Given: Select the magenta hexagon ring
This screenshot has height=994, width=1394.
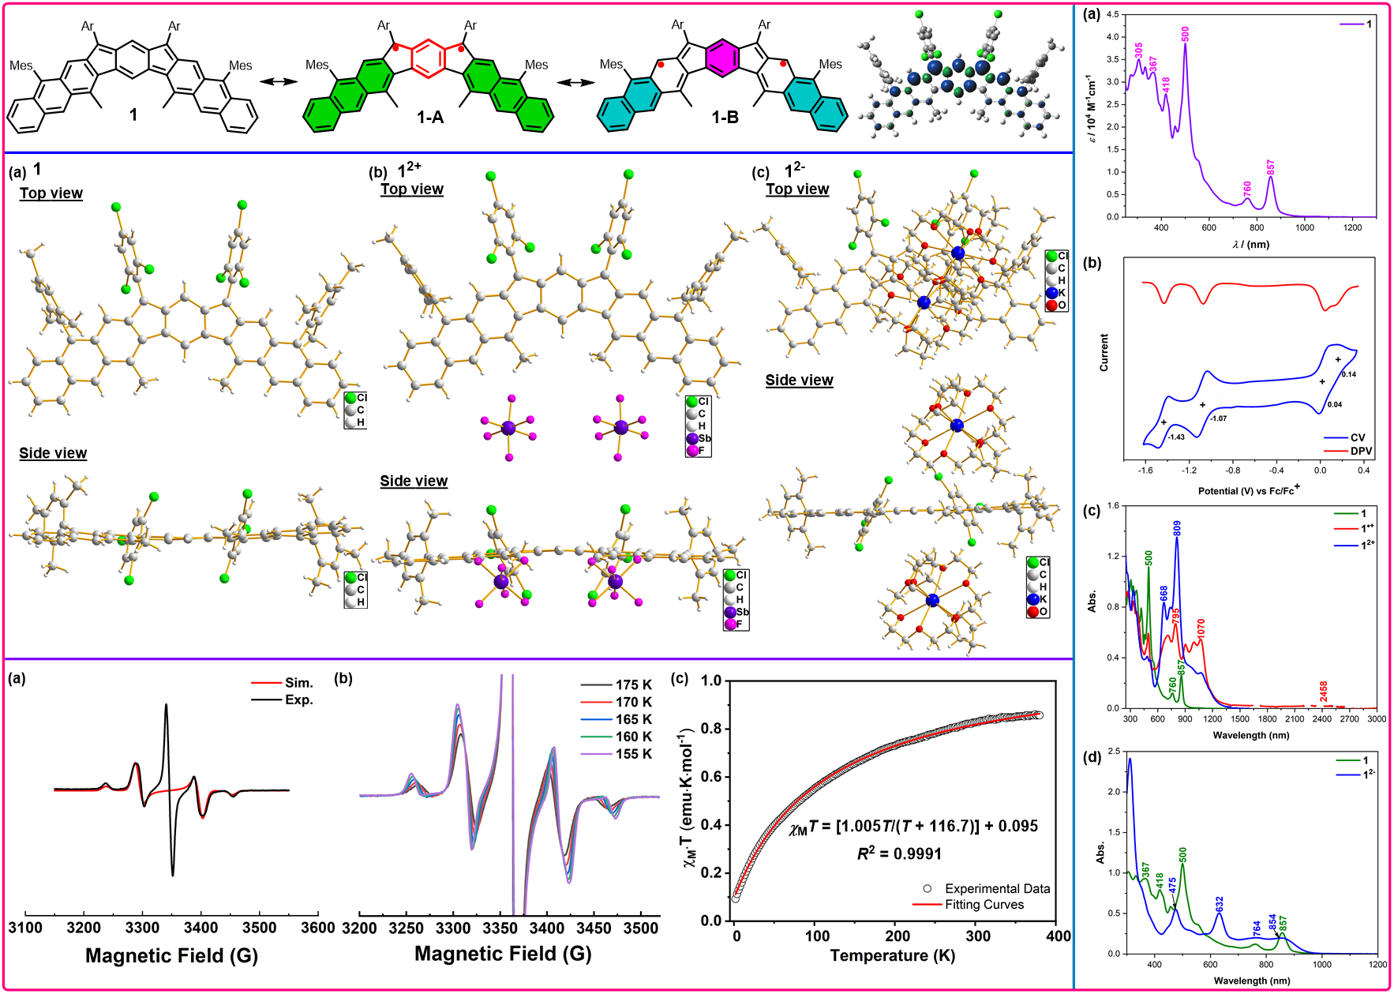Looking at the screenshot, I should tap(722, 58).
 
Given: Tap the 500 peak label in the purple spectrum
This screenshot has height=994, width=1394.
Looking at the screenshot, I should tap(1185, 34).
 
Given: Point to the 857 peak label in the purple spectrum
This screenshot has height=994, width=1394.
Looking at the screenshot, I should tap(1271, 167).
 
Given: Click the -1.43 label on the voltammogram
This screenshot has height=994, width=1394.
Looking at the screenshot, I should tap(1176, 437).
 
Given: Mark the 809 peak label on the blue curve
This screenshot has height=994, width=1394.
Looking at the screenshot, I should tap(1177, 528).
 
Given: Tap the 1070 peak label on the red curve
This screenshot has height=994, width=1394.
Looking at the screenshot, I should tap(1201, 629).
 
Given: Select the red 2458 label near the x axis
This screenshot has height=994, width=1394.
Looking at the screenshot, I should tap(1324, 691).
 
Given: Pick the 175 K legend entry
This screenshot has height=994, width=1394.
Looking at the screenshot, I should tap(634, 685).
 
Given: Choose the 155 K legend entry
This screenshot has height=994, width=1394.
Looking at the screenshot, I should tap(634, 754).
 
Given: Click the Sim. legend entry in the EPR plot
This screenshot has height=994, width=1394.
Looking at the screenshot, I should tap(298, 683).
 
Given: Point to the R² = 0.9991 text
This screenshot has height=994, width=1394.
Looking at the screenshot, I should tap(899, 853).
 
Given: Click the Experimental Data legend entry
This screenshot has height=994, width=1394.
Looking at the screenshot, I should tap(997, 888).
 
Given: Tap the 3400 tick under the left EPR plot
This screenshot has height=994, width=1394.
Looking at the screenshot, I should tap(200, 928).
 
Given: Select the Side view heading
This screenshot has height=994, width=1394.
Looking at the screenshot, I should tap(799, 381).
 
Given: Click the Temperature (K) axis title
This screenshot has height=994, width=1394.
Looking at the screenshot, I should tap(892, 955).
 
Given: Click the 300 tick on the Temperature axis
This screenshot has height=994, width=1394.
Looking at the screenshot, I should tap(978, 936).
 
